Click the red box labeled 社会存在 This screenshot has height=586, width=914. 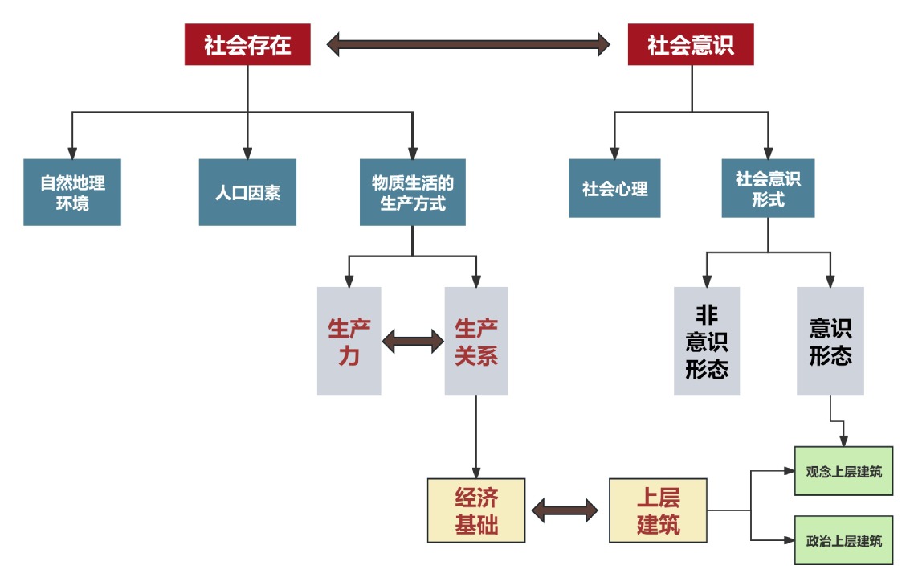pos(247,44)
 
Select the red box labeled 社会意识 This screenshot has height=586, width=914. pos(691,44)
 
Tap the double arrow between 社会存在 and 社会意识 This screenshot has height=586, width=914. pos(469,44)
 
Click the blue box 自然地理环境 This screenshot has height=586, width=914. pos(72,192)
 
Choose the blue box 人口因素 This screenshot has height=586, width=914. pos(247,192)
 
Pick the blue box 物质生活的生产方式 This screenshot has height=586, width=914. pos(412,192)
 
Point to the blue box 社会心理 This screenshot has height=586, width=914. pos(614,188)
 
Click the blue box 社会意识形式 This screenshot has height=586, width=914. pos(768,188)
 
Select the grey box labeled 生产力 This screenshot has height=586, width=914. pos(349,341)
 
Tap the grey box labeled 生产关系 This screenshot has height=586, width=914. pos(476,341)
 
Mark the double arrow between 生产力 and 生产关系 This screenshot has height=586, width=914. pos(413,342)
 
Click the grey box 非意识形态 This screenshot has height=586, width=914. pos(707,341)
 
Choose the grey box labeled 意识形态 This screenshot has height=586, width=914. pos(830,341)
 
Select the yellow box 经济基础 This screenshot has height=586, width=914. pos(476,511)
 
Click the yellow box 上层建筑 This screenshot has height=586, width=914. pos(658,511)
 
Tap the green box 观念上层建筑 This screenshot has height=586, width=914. pos(843,471)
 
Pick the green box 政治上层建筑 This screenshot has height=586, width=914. pos(843,540)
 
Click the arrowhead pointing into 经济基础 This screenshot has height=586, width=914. pos(476,472)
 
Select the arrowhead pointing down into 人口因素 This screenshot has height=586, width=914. pos(247,152)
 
